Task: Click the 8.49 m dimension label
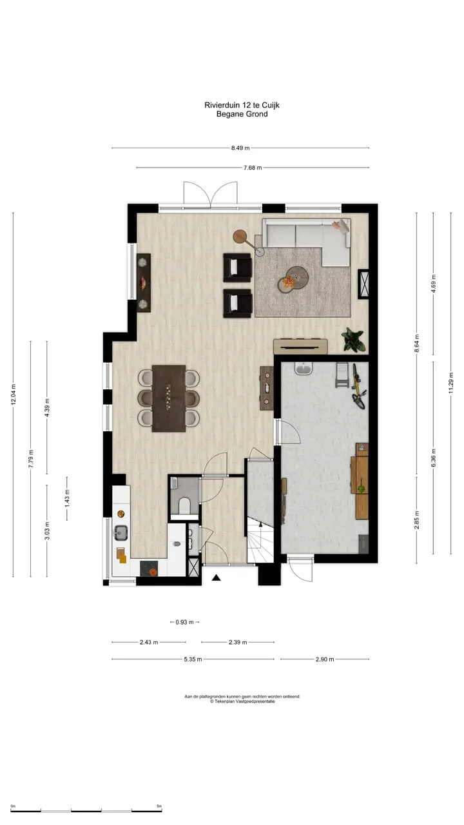[240, 148]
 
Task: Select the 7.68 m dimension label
[253, 168]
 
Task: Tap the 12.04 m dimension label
[14, 394]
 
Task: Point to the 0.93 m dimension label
[184, 622]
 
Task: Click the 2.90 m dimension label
[325, 659]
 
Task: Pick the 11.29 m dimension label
[451, 383]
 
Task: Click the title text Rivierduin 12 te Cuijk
[242, 105]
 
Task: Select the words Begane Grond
[242, 114]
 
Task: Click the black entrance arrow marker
[216, 578]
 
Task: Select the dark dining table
[169, 398]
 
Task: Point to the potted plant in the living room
[354, 340]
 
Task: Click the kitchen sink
[121, 532]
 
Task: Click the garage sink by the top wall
[304, 368]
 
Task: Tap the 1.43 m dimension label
[67, 498]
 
